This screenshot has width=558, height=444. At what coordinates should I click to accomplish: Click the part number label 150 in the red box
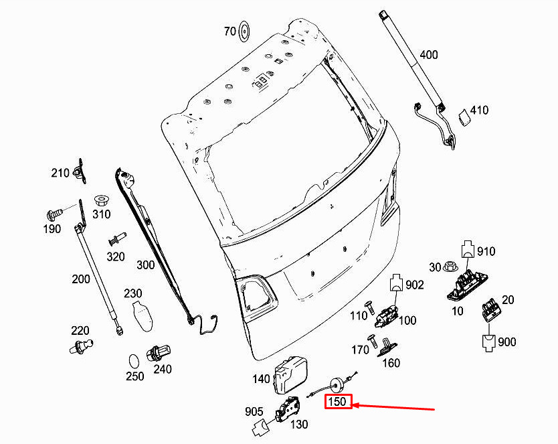click(x=337, y=402)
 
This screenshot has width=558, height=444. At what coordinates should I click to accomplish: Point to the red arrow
click(x=395, y=406)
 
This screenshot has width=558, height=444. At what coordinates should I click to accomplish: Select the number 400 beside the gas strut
click(x=429, y=55)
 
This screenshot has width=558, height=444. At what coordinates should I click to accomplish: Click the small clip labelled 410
click(x=463, y=118)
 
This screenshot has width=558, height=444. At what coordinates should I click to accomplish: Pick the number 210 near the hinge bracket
click(x=60, y=173)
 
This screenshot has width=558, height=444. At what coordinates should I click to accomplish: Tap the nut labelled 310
click(x=102, y=200)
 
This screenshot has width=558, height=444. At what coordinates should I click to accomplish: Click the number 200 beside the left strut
click(x=80, y=279)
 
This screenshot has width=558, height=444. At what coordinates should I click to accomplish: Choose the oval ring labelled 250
click(x=134, y=361)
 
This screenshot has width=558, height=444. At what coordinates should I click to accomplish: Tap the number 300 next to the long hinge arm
click(x=145, y=265)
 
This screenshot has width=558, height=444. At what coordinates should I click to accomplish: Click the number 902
click(x=415, y=285)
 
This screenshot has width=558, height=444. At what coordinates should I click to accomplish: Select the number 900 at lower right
click(x=507, y=342)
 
